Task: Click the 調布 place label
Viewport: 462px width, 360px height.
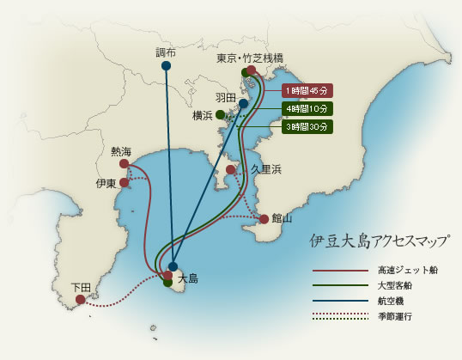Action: [x=167, y=52]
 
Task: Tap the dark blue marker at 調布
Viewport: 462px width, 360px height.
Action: [x=166, y=65]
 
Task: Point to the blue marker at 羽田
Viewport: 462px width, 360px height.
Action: [x=244, y=103]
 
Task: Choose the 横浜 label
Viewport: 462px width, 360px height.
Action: [x=203, y=114]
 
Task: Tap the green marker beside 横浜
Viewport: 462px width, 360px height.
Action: [x=221, y=114]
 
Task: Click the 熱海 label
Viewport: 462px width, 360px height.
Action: [x=121, y=150]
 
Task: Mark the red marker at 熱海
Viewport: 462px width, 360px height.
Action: [x=125, y=163]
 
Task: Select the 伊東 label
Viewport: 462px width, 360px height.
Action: [x=106, y=183]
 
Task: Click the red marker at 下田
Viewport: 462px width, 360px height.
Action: [x=80, y=300]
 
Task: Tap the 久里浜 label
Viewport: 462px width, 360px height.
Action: [x=266, y=169]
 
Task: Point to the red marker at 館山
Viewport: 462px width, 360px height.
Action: [x=264, y=219]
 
